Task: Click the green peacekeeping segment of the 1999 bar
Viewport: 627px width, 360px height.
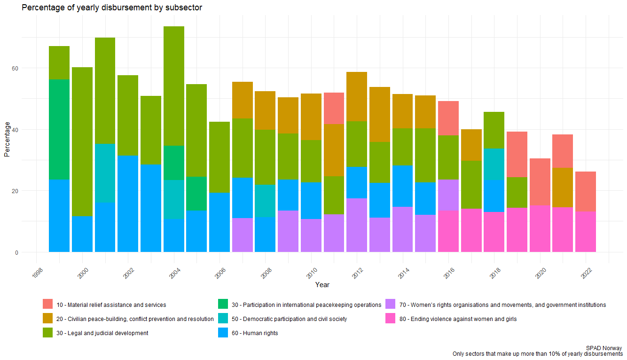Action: pyautogui.click(x=59, y=129)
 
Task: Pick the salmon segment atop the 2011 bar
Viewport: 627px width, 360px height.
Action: pyautogui.click(x=334, y=108)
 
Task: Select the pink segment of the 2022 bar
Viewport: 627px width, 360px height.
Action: pyautogui.click(x=586, y=231)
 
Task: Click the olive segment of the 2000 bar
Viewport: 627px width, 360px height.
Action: pyautogui.click(x=82, y=141)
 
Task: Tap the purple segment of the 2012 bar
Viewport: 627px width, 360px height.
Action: pyautogui.click(x=357, y=225)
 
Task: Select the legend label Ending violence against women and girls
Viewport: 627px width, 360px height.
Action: pyautogui.click(x=458, y=319)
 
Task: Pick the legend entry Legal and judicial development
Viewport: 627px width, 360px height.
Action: pyautogui.click(x=102, y=333)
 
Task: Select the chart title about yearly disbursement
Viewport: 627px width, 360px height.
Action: pyautogui.click(x=112, y=8)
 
